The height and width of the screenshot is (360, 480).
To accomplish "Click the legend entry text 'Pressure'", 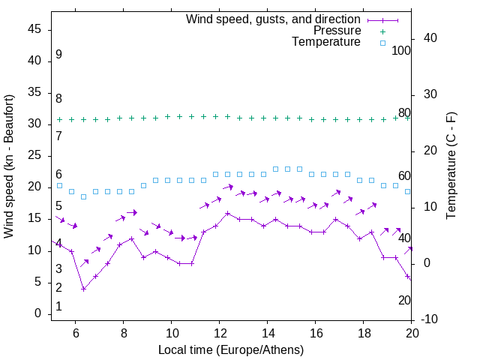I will (x=337, y=31).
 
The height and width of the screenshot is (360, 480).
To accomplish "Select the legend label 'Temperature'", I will (x=326, y=43).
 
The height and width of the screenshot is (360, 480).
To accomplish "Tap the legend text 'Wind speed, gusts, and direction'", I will (x=274, y=19).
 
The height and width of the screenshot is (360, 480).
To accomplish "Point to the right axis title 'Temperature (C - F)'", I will (x=451, y=166).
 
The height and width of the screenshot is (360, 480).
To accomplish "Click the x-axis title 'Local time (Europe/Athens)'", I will (x=231, y=349).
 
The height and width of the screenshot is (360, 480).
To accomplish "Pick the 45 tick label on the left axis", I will (x=34, y=28).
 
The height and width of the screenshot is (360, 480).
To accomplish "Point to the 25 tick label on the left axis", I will (x=34, y=155).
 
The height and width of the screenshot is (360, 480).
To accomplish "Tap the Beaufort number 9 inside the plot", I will (x=58, y=55).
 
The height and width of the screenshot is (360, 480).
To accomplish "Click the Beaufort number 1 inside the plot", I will (x=58, y=307).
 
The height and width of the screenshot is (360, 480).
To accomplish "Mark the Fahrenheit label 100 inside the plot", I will (x=401, y=50).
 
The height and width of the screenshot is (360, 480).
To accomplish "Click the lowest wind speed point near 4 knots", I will (x=83, y=289).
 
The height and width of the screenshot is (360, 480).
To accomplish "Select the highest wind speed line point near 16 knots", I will (x=227, y=213).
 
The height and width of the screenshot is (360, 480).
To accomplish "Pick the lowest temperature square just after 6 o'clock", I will (x=83, y=197).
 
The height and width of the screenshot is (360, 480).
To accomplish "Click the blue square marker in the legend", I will (x=382, y=43).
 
